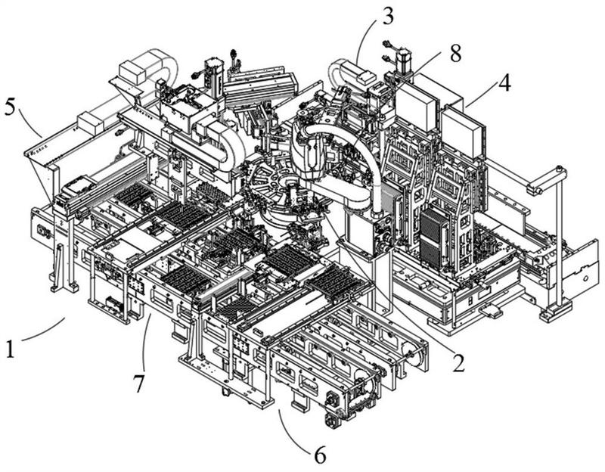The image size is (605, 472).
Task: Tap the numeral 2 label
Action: tap(458, 363)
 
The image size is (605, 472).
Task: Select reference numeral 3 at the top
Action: tap(387, 16)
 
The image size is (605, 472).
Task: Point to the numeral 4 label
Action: tap(504, 82)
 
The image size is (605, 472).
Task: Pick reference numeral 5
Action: tap(10, 107)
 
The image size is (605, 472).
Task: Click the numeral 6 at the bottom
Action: tap(320, 455)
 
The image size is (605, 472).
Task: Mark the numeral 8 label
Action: tap(455, 54)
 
